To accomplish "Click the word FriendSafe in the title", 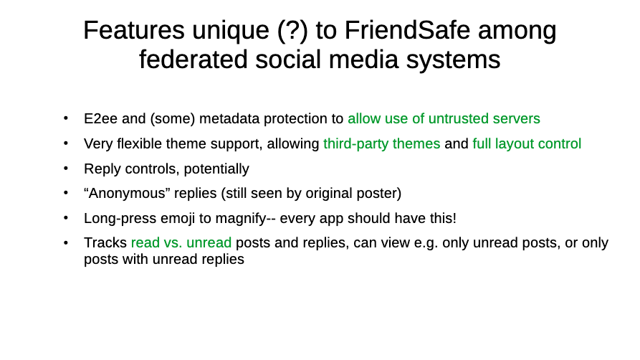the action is [407, 30].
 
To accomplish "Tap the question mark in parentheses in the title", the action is [292, 30].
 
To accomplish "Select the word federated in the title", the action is [193, 60].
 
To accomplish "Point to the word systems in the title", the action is [453, 60].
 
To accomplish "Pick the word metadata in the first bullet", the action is [229, 118].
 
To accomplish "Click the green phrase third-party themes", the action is [381, 144].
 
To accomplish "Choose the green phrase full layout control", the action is [527, 144].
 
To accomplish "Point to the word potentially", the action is [216, 169].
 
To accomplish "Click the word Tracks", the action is [105, 242].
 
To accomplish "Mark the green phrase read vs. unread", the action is [181, 242].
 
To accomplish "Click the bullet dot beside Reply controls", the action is [66, 169].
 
